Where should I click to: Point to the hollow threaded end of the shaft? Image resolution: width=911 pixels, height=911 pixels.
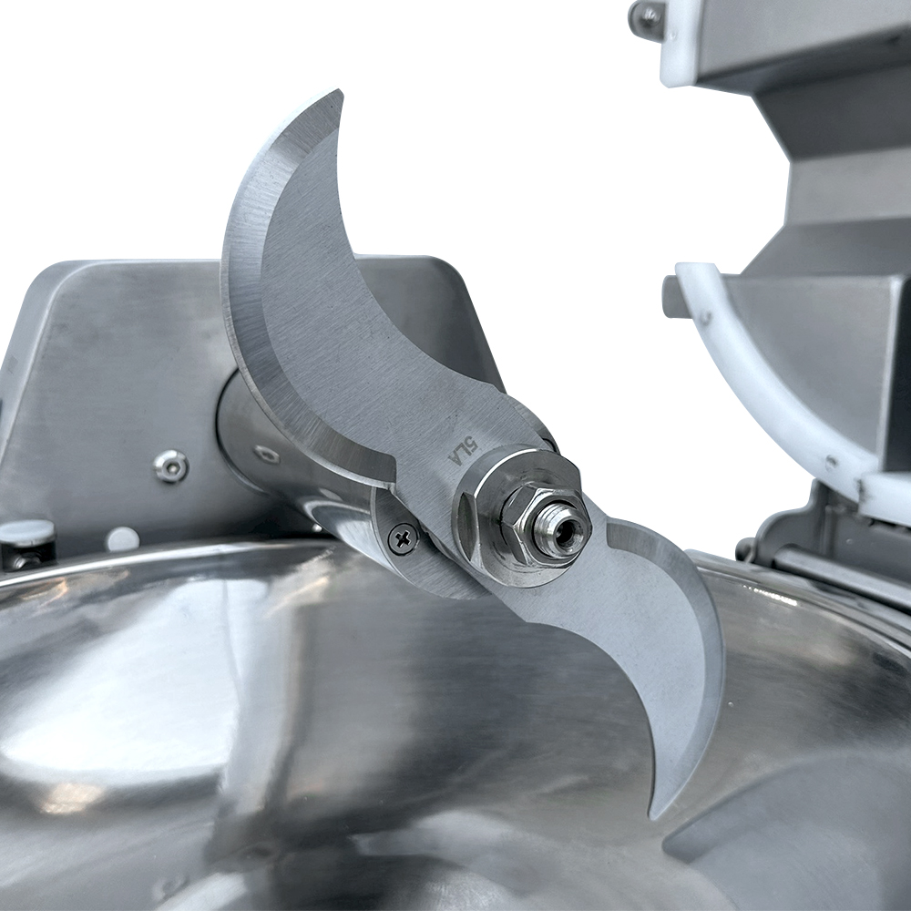pos(561,530)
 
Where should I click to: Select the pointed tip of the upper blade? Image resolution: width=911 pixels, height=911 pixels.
pos(339,92)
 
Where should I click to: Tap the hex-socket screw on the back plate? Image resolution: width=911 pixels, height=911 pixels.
pos(170,466)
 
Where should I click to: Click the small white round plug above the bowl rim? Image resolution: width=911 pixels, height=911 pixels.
pos(123,538)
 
